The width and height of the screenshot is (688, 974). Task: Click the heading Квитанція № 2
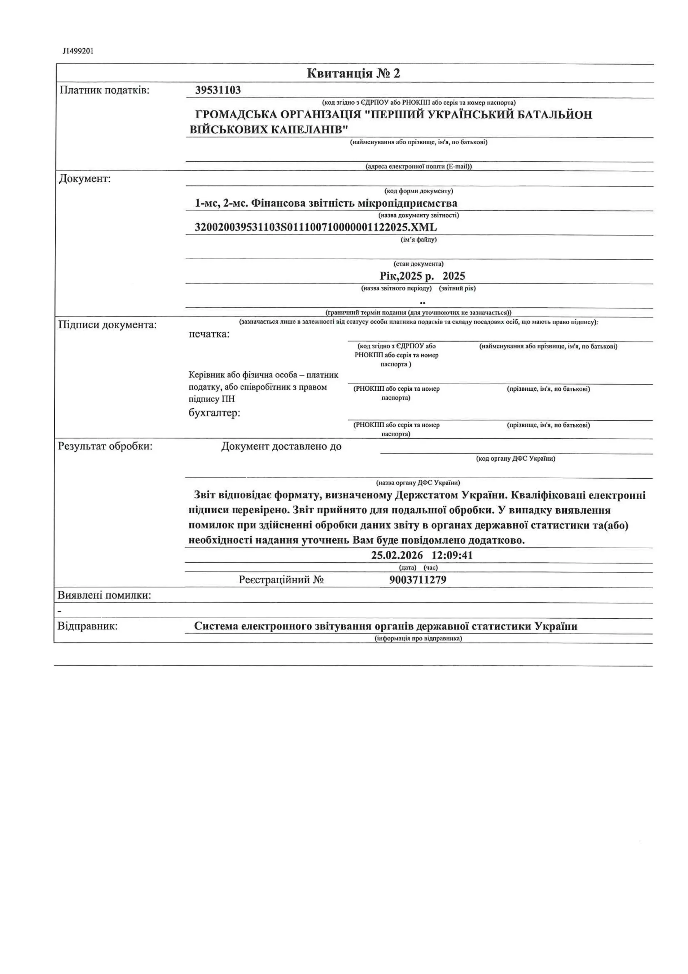(x=353, y=73)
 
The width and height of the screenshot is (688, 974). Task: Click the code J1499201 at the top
(x=78, y=51)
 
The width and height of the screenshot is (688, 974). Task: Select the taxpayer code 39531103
(x=218, y=90)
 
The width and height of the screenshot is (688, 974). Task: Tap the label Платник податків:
(x=105, y=90)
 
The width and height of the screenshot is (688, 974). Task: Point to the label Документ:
(x=85, y=178)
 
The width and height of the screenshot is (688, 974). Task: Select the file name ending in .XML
(x=315, y=228)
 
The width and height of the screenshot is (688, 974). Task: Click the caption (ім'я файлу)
(x=419, y=240)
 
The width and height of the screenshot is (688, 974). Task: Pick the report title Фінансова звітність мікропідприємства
(x=354, y=203)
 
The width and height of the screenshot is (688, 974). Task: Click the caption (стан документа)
(x=419, y=264)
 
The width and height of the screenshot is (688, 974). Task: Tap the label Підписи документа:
(x=107, y=325)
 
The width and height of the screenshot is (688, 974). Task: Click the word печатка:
(x=209, y=334)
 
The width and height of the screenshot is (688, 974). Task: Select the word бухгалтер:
(x=214, y=413)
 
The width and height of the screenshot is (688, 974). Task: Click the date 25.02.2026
(x=397, y=555)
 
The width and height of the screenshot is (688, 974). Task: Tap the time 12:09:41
(x=452, y=555)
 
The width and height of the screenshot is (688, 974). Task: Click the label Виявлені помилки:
(x=104, y=595)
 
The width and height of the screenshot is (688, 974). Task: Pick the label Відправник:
(x=88, y=626)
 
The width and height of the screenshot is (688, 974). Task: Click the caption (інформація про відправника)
(x=418, y=638)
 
